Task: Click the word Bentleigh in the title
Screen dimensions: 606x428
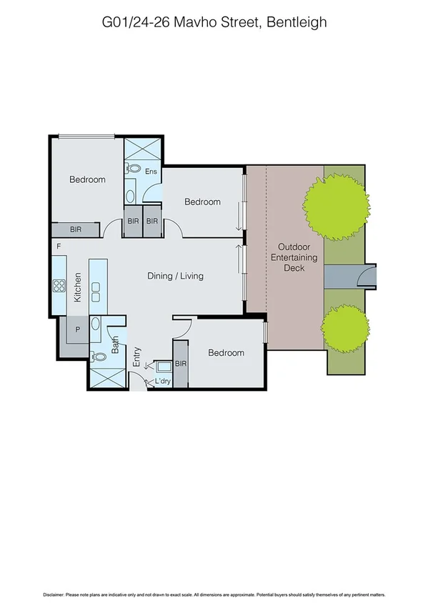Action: pos(296,22)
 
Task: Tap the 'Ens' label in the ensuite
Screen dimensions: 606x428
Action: pos(151,172)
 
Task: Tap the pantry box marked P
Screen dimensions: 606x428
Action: pos(76,329)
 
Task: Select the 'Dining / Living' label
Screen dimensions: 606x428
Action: pos(175,276)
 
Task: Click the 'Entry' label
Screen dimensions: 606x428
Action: pos(137,357)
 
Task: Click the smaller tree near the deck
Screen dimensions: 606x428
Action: pos(345,327)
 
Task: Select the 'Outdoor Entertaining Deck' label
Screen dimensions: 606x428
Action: pos(294,258)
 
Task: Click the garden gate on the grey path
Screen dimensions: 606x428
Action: pos(367,275)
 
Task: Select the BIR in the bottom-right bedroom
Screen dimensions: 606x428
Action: pos(180,364)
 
